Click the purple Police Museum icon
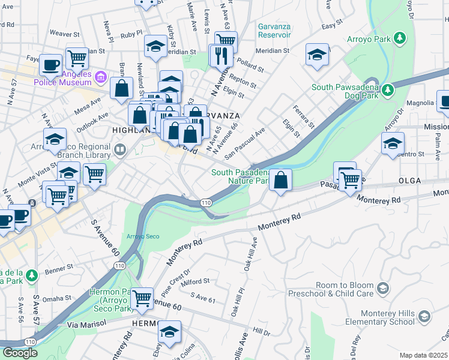point(101,77)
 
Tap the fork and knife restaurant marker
point(221,56)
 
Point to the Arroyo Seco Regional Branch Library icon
point(121,149)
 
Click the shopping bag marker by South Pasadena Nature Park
point(280,179)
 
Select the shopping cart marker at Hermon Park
point(142,298)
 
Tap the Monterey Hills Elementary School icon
point(424,316)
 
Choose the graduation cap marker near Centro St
point(393,143)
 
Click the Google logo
point(20,352)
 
